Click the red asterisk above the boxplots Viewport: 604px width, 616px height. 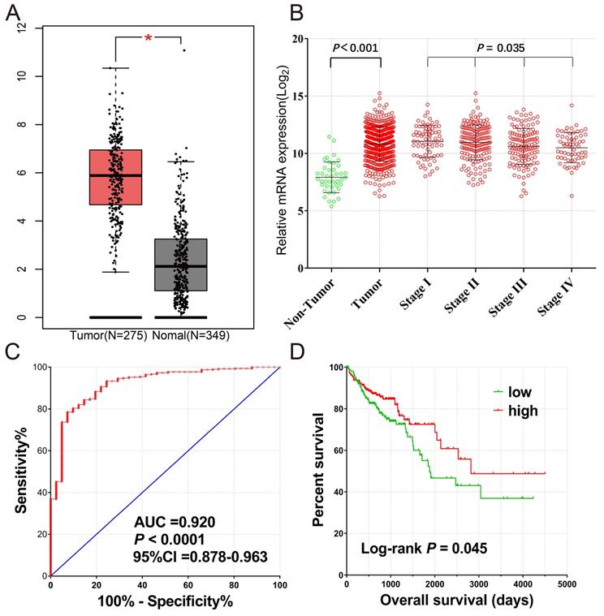pyautogui.click(x=148, y=38)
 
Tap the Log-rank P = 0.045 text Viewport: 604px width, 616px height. pyautogui.click(x=424, y=549)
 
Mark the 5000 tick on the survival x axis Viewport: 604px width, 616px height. pyautogui.click(x=567, y=584)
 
